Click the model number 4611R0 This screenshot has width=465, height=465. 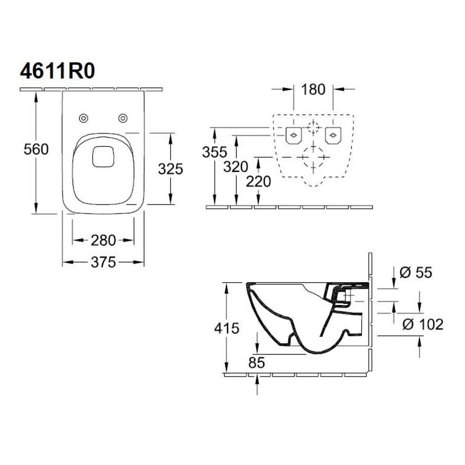point(57,72)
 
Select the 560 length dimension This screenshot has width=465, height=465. point(36,149)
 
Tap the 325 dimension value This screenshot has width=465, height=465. point(170,169)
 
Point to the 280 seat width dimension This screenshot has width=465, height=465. point(103,241)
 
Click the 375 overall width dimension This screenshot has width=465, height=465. point(103,263)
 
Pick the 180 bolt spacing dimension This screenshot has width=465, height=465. point(313,90)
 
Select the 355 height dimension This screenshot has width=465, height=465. point(214,152)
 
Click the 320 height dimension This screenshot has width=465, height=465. point(236,167)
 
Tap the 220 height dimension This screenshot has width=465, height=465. point(258,181)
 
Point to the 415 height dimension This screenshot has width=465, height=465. point(227,328)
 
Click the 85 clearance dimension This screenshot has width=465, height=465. point(257,363)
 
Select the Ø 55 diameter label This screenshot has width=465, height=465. point(415,272)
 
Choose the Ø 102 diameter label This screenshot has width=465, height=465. point(422,324)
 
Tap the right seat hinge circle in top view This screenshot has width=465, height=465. point(123,117)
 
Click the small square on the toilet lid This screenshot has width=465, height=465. point(103,157)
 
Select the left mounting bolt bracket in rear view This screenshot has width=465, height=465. point(293,135)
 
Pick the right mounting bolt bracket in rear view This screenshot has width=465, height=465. point(332,135)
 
